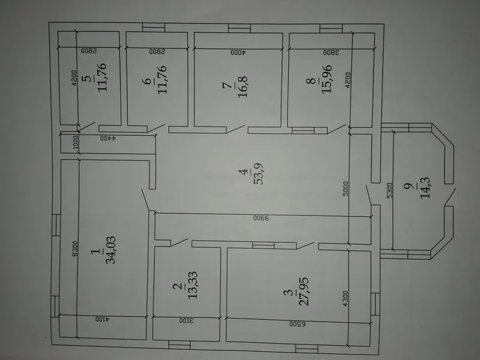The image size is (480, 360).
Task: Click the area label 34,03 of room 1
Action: (110, 250)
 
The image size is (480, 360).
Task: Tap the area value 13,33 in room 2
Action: (193, 285)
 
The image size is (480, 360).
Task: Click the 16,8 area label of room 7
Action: (244, 86)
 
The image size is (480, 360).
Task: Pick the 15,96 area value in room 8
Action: (326, 79)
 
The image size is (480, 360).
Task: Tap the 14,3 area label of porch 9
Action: (425, 188)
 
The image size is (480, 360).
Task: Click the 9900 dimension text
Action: (261, 218)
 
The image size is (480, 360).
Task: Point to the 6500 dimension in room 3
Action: (297, 323)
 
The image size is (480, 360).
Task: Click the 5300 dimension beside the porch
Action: (389, 190)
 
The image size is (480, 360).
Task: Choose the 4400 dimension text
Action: (108, 138)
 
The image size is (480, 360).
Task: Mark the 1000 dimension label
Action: (76, 142)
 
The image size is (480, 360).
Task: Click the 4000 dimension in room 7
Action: (238, 52)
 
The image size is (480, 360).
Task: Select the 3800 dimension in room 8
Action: (331, 52)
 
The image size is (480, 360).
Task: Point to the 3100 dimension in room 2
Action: (187, 320)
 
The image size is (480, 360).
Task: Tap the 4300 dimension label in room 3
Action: (345, 299)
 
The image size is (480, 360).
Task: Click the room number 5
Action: (88, 79)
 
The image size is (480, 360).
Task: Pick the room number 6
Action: (148, 81)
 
